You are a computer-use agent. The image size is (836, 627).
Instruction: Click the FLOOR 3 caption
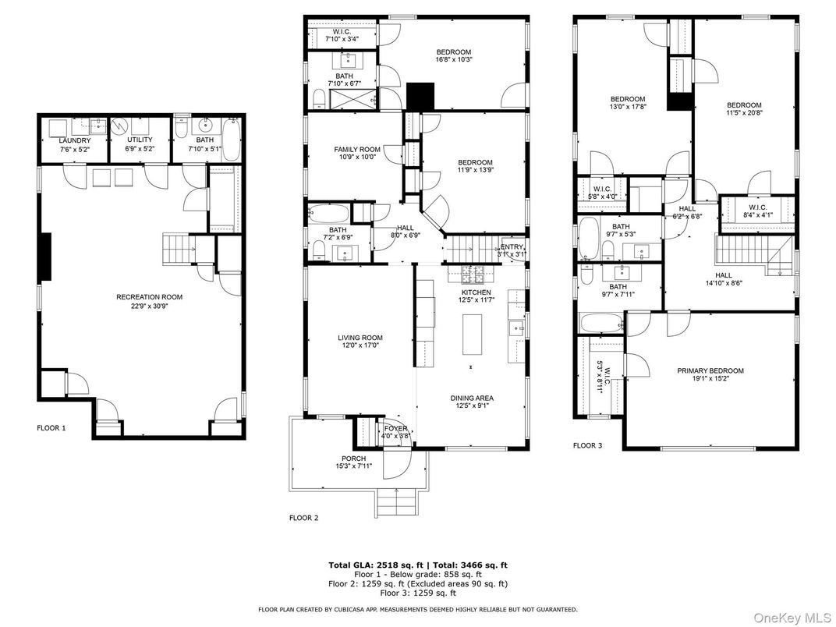588,446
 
